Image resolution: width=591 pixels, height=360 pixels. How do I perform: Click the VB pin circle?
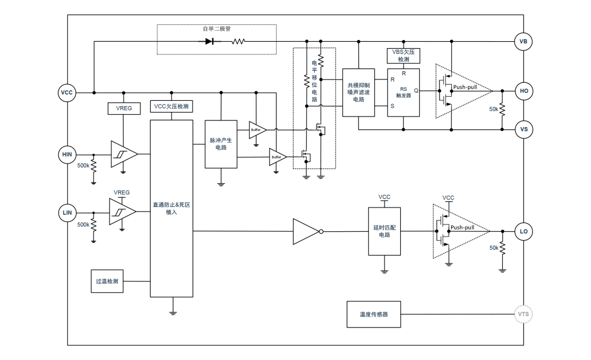[x=523, y=42]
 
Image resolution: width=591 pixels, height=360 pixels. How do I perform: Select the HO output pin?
[x=523, y=91]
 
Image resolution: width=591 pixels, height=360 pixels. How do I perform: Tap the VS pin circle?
[x=523, y=130]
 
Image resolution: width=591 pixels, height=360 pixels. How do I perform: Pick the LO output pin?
[x=523, y=232]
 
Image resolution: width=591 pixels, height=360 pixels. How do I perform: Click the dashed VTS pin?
[x=523, y=315]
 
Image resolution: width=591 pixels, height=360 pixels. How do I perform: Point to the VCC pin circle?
[x=67, y=93]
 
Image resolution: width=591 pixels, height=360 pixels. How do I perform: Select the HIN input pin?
[x=67, y=154]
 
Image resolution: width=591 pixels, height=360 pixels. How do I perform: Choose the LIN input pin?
[x=67, y=213]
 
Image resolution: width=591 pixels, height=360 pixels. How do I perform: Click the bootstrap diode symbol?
[x=210, y=42]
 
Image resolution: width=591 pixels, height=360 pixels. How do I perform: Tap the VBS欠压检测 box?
[x=403, y=56]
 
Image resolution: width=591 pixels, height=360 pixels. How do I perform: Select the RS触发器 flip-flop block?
[x=403, y=93]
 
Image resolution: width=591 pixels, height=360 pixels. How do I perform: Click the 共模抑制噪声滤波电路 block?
[x=359, y=93]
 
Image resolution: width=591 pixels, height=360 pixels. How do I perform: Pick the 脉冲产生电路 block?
[x=221, y=144]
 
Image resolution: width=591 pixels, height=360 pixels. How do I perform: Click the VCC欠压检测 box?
[x=171, y=107]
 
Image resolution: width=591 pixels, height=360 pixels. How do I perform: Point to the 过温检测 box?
[x=107, y=281]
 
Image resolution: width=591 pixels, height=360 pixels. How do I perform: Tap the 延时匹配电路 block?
[x=385, y=231]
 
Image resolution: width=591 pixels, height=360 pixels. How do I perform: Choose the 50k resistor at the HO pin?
[x=502, y=110]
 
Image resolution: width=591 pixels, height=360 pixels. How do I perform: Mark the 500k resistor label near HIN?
[x=84, y=166]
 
